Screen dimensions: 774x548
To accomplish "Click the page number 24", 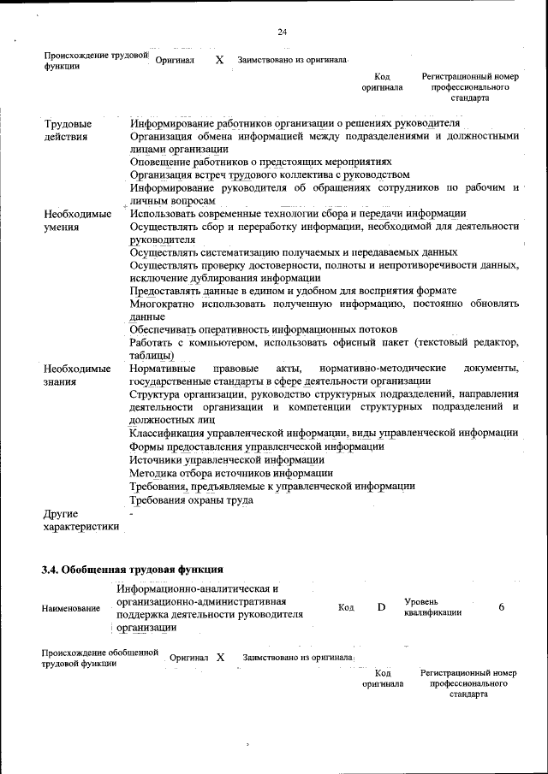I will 282,32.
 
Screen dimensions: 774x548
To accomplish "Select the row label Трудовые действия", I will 68,130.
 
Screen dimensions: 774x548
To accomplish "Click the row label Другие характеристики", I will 80,520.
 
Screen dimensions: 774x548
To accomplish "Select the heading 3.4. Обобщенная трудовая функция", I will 133,569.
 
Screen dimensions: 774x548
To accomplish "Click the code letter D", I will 382,607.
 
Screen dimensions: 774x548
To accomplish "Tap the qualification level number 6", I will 501,606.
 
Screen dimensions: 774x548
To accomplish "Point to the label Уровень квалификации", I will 432,607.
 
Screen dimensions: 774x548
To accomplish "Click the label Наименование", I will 70,608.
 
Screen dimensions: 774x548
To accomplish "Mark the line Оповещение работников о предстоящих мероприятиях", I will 260,161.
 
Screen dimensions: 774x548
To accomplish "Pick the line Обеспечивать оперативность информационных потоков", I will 263,329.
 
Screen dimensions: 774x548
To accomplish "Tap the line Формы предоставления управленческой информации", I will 257,446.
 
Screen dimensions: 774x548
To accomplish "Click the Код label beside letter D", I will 346,607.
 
